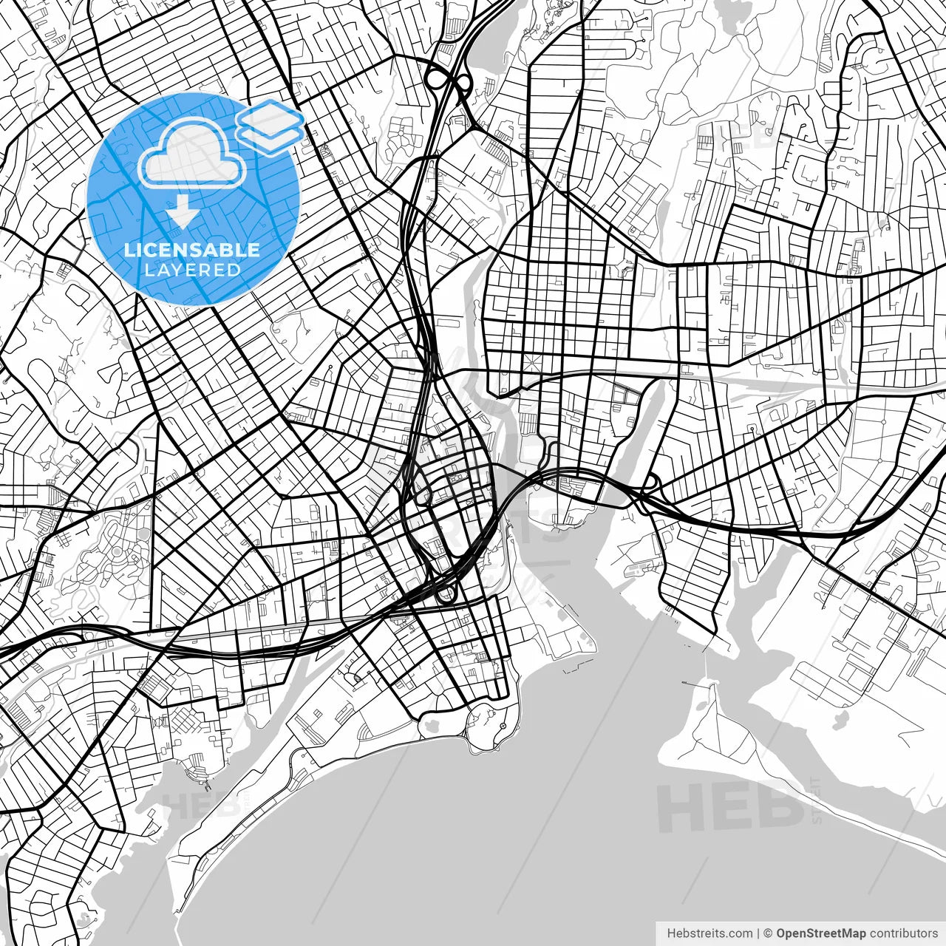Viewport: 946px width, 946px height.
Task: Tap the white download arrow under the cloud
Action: tap(182, 212)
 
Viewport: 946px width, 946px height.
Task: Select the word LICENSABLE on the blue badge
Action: tap(192, 250)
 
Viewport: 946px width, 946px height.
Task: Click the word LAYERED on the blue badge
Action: tap(192, 270)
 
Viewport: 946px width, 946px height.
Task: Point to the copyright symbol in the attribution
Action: tap(768, 933)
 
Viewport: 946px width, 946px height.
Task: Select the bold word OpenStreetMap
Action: tap(821, 933)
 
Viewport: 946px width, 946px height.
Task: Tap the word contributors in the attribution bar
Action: tap(903, 933)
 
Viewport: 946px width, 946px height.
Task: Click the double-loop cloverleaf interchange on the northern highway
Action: tap(449, 78)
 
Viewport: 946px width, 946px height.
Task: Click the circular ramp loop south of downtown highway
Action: tap(446, 594)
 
